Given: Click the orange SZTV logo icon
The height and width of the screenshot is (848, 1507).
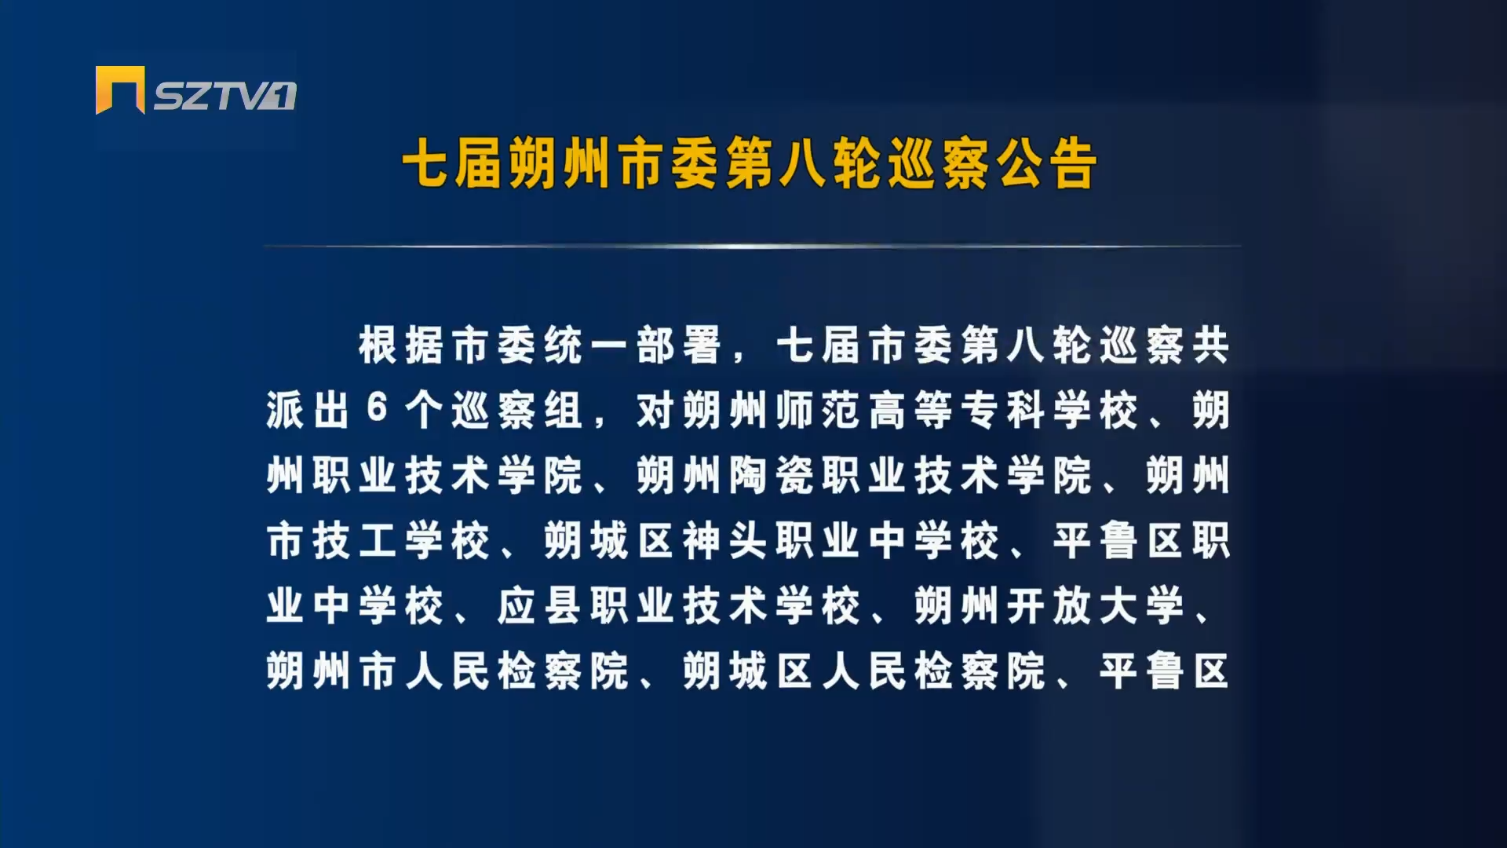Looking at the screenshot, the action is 120,90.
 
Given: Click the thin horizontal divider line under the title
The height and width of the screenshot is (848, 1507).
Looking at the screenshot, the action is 752,247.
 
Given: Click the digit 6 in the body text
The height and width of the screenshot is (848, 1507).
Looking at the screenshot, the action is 378,409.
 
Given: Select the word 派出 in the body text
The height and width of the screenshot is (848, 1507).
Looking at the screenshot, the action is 308,410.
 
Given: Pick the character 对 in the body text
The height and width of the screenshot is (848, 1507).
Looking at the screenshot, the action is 656,410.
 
